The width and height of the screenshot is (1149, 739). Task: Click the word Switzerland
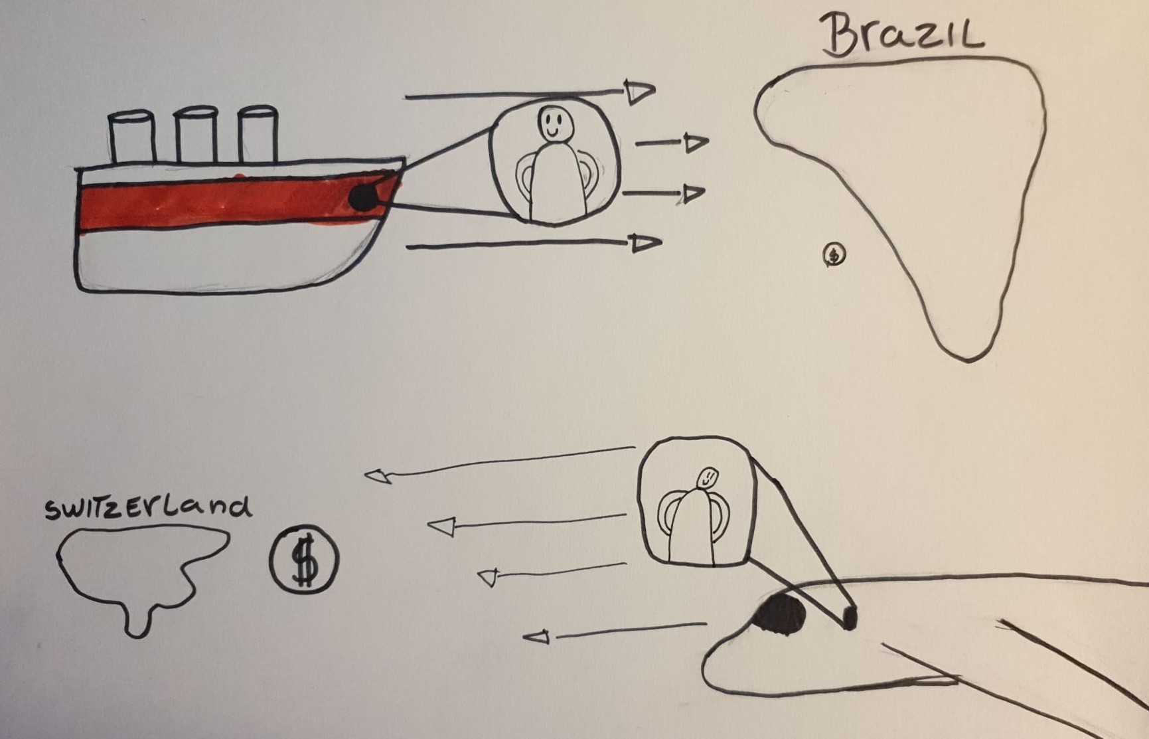pos(148,507)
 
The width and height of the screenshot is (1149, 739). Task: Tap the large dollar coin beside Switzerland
pos(304,559)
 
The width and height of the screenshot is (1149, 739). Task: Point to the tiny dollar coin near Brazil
pos(834,254)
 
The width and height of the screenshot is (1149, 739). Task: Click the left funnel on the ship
pos(132,137)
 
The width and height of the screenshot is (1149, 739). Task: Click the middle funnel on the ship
pos(196,135)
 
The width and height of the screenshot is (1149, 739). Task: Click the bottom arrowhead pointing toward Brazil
pos(646,243)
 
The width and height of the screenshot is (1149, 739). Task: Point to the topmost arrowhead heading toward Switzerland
pos(378,475)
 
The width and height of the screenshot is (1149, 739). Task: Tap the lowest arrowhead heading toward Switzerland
pos(536,637)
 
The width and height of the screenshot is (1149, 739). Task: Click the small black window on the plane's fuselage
pos(850,617)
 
